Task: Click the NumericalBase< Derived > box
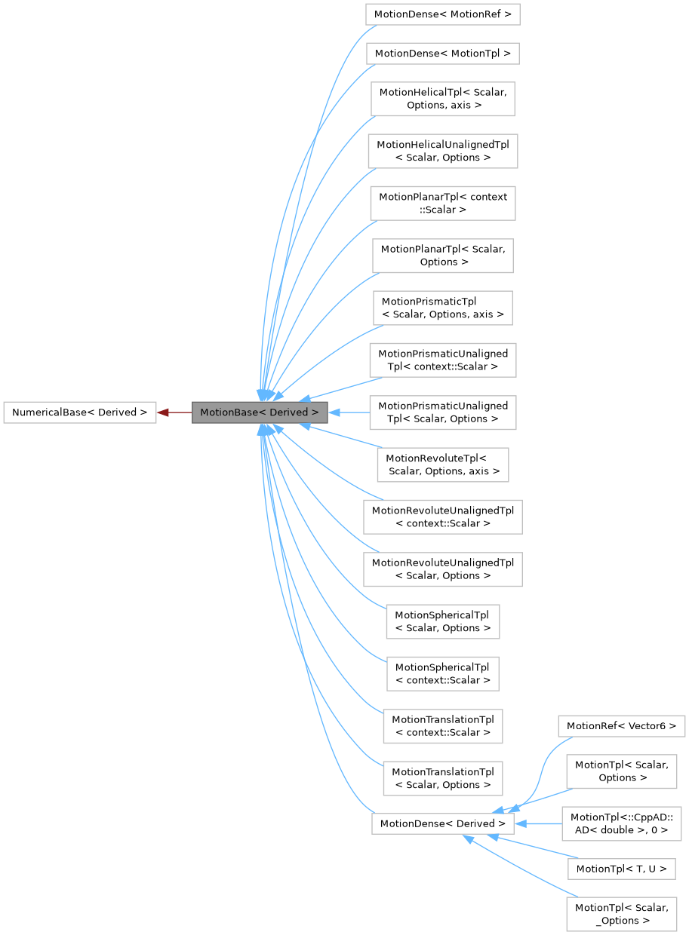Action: click(79, 412)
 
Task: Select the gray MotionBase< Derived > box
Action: click(259, 412)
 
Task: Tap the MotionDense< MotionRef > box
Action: click(442, 14)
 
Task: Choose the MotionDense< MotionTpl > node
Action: click(442, 54)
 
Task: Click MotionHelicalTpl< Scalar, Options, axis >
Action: click(442, 99)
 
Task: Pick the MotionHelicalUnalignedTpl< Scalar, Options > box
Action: click(442, 151)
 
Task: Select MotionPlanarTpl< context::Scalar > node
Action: click(442, 203)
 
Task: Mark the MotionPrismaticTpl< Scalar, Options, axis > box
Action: click(442, 308)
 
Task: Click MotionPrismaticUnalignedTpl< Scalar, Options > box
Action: click(442, 412)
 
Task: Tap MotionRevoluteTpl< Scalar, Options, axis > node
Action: click(442, 464)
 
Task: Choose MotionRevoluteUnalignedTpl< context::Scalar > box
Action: click(442, 517)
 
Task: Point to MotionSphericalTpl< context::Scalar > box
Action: click(442, 673)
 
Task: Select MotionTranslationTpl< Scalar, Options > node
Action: click(442, 778)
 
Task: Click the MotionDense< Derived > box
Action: click(442, 823)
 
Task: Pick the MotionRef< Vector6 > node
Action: click(621, 727)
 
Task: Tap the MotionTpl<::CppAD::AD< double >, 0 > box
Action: click(621, 823)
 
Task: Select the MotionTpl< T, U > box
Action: click(621, 869)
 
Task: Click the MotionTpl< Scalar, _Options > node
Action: click(621, 913)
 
